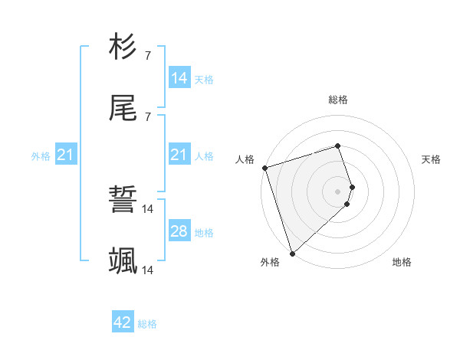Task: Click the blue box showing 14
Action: (179, 77)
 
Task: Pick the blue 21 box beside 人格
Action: (179, 155)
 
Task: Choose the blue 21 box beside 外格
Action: (65, 155)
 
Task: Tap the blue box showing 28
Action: (179, 231)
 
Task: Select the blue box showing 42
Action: (122, 322)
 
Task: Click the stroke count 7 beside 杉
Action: (147, 55)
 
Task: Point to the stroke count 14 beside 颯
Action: (148, 270)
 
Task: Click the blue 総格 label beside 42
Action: (147, 324)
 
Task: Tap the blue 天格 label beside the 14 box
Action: (204, 79)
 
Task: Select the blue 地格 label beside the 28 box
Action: (204, 232)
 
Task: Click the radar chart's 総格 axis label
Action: (338, 100)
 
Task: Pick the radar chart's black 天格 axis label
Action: (432, 159)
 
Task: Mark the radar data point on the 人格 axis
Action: (264, 168)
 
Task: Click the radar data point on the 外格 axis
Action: (292, 253)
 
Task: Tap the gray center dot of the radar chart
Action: (338, 191)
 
